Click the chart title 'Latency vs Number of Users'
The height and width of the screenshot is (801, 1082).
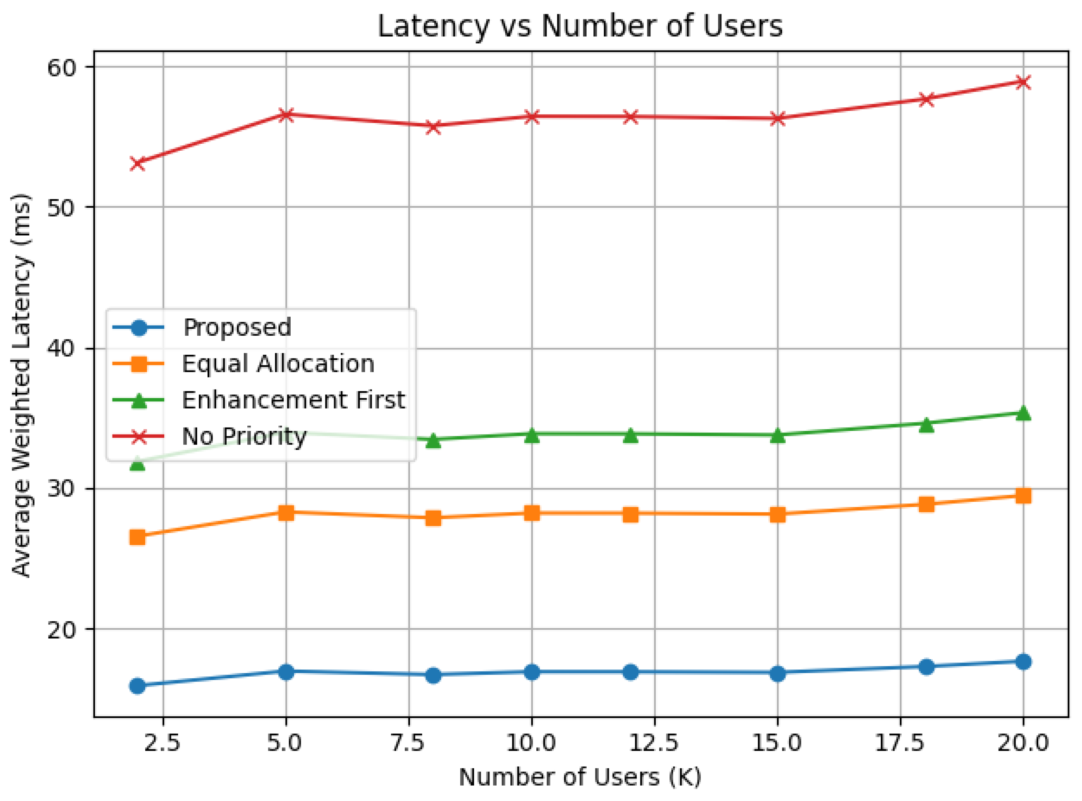tap(580, 26)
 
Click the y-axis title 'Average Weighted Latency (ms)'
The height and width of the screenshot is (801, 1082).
tap(22, 386)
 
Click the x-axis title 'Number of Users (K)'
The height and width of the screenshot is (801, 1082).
tap(580, 777)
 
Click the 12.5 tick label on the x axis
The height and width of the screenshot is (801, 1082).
tap(655, 743)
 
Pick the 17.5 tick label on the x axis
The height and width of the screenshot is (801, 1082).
tap(900, 743)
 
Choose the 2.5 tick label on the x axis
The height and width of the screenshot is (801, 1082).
tap(163, 743)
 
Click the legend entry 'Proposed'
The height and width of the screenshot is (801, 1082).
tap(237, 328)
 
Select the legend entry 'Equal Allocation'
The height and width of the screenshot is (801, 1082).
tap(278, 364)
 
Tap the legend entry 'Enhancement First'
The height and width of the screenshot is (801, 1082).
tap(293, 400)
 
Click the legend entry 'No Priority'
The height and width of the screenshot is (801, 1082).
tap(244, 437)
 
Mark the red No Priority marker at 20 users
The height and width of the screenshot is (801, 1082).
tap(1023, 82)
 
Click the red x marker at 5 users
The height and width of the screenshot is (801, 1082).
tap(286, 115)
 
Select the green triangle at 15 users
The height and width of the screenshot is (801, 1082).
tap(777, 436)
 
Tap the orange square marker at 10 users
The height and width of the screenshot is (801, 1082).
tap(531, 513)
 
